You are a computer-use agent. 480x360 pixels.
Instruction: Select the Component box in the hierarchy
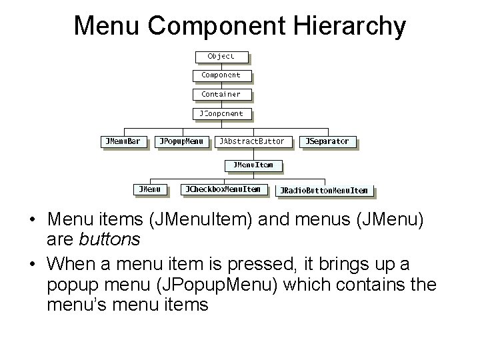click(x=221, y=75)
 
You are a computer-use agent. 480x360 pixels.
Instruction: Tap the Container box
click(x=221, y=95)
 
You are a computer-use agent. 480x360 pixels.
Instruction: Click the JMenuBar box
click(x=124, y=141)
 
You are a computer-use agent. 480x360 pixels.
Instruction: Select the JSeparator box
click(x=329, y=141)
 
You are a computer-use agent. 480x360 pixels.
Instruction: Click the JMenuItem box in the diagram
click(x=253, y=165)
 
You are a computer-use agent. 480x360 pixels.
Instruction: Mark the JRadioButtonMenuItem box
click(x=325, y=191)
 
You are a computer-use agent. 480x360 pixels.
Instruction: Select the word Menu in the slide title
click(x=107, y=27)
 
